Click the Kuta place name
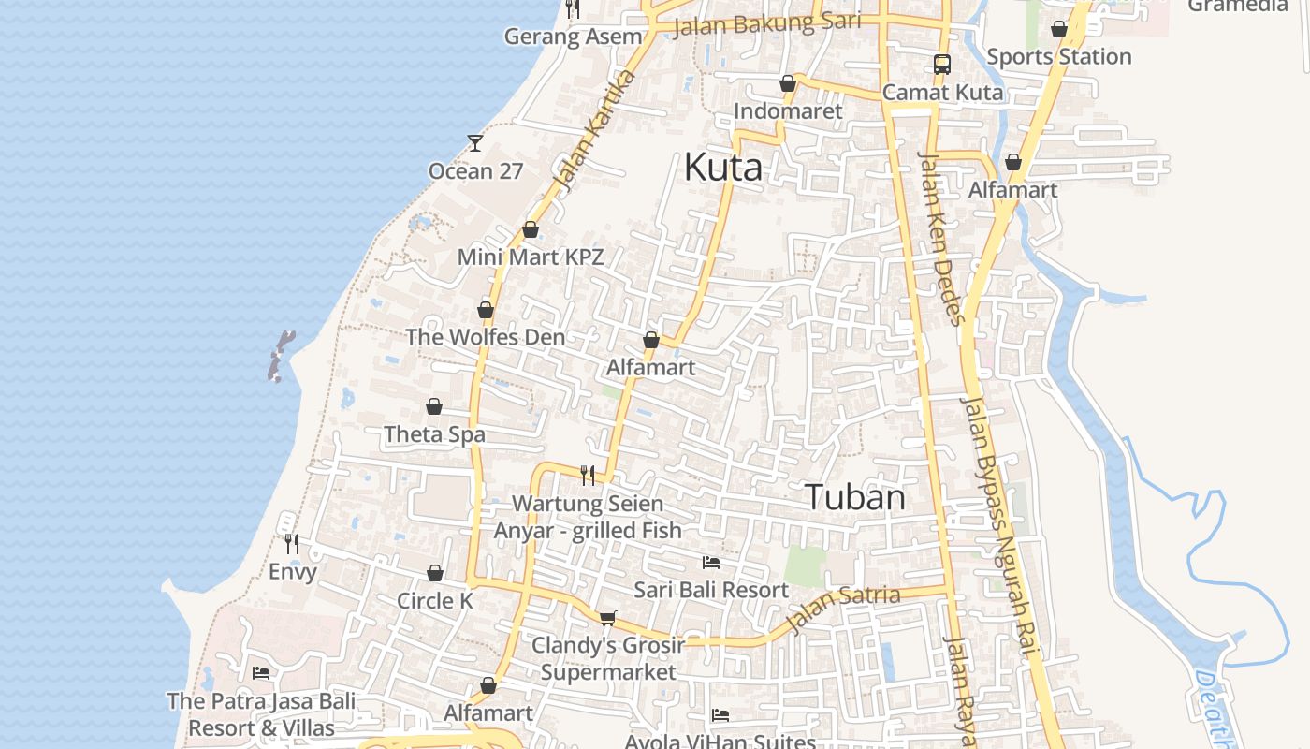pos(723,168)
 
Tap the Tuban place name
pos(855,497)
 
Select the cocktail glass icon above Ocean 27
pos(475,143)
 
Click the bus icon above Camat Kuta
pos(942,65)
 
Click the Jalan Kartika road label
pos(593,128)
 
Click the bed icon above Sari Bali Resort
pos(711,563)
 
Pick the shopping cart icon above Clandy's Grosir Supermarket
pos(607,618)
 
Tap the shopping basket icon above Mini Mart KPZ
pos(531,229)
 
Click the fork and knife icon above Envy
pos(292,543)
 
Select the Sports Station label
pos(1059,57)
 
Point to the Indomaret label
pos(788,111)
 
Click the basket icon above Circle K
pos(435,573)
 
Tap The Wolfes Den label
pos(485,337)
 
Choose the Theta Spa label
pos(434,434)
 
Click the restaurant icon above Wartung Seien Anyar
pos(588,476)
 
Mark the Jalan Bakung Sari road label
pos(766,23)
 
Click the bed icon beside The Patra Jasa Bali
pos(261,673)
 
